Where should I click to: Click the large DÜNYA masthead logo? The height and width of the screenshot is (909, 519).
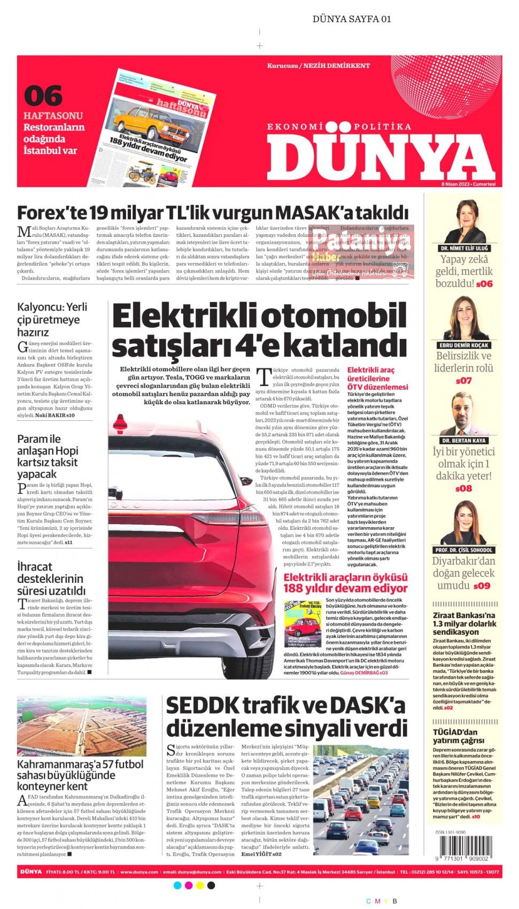(381, 156)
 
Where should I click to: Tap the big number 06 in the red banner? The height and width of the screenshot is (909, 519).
(43, 96)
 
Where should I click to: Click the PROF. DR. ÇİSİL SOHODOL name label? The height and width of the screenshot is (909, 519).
(464, 550)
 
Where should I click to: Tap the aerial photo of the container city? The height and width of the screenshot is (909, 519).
(81, 726)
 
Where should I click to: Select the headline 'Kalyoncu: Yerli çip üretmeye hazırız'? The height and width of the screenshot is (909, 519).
(52, 319)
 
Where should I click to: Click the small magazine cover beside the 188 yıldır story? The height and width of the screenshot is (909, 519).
(302, 624)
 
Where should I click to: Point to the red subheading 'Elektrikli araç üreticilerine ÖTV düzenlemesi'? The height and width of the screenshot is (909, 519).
(377, 378)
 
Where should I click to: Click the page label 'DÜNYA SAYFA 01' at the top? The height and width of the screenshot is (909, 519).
(352, 19)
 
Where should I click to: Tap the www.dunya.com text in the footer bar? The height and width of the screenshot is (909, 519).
(138, 872)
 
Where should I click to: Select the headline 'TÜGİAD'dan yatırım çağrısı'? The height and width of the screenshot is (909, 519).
(455, 736)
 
